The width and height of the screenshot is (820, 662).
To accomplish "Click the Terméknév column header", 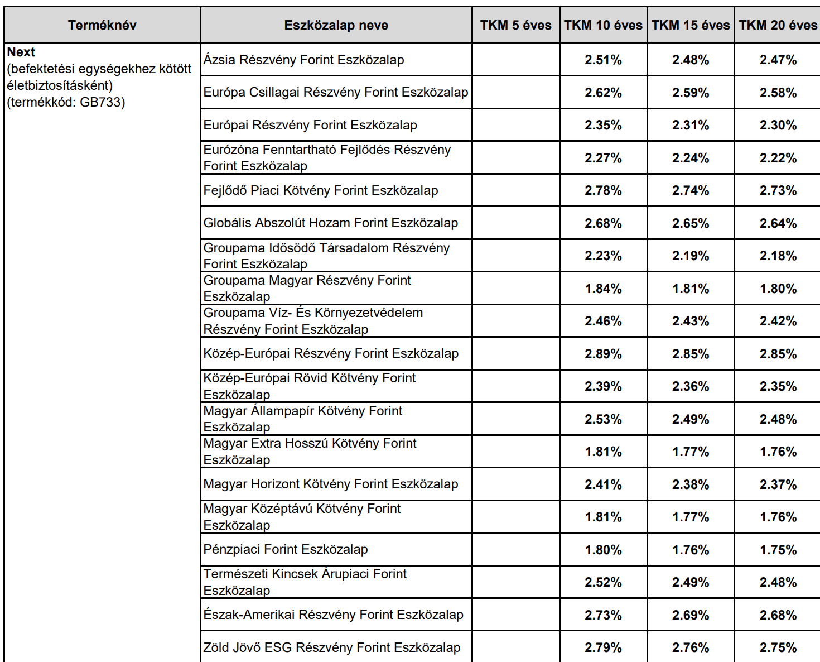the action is [x=102, y=25].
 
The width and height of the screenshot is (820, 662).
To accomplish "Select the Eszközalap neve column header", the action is [x=336, y=25].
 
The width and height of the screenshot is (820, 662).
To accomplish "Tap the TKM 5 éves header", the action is [x=515, y=25].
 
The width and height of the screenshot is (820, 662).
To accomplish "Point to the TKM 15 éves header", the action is [x=691, y=25].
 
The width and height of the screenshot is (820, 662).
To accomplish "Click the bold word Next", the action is [x=21, y=52].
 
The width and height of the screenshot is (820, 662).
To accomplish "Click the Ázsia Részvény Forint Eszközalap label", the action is [x=303, y=60].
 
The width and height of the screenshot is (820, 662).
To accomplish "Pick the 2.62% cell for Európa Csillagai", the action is [x=603, y=93].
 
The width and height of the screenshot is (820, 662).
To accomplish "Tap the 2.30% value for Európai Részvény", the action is [x=778, y=125].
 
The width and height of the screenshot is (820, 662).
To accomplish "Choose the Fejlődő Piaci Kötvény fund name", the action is [x=320, y=190].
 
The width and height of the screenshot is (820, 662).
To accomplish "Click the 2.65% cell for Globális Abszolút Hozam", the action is [x=691, y=223].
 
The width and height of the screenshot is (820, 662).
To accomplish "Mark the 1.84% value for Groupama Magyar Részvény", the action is [x=603, y=289].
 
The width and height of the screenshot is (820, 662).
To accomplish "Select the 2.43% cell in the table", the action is [x=691, y=321].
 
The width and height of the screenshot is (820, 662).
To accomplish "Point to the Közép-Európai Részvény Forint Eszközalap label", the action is [x=331, y=353].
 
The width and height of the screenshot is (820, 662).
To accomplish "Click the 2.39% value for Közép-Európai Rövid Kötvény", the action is [x=603, y=386].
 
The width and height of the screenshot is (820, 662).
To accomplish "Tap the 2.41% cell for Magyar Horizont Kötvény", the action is [x=603, y=484].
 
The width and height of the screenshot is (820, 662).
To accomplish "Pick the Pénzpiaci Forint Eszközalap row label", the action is [x=286, y=549].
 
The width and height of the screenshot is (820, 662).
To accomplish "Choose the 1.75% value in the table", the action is [x=778, y=549].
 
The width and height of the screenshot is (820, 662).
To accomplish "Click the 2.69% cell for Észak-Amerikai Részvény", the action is [x=691, y=615].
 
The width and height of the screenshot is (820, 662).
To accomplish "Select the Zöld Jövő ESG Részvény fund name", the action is [x=331, y=647].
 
